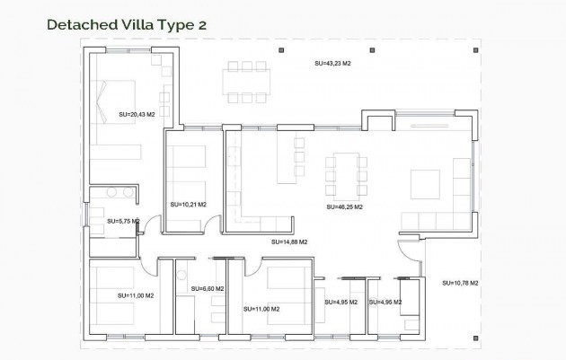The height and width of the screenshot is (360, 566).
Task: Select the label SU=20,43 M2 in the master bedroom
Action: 137,114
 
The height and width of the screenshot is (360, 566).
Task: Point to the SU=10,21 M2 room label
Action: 188,205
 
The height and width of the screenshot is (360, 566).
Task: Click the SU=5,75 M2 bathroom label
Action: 123,221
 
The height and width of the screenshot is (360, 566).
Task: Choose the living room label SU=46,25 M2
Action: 343,206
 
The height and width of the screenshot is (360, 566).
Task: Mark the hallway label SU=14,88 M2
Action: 289,242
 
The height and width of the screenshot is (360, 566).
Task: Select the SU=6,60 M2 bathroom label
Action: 207,289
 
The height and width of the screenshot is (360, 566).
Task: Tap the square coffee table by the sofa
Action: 426,184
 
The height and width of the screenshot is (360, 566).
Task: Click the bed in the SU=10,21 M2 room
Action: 189,165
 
